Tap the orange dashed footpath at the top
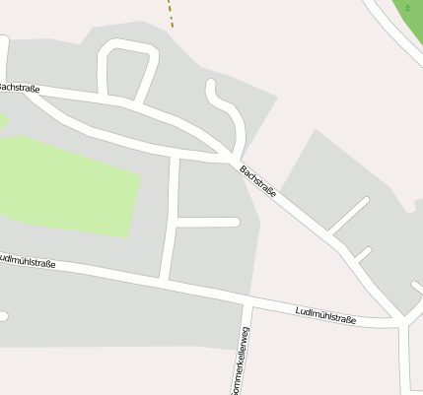pyautogui.click(x=170, y=14)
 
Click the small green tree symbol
pyautogui.click(x=407, y=8)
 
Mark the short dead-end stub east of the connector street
pyautogui.click(x=207, y=222)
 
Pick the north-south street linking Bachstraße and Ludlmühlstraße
pyautogui.click(x=173, y=217)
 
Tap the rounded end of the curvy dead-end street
pyautogui.click(x=211, y=86)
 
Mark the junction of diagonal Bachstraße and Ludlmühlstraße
pyautogui.click(x=399, y=320)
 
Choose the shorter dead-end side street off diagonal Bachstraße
pyautogui.click(x=361, y=254)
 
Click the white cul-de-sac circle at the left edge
pyautogui.click(x=3, y=316)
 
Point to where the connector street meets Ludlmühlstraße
pyautogui.click(x=167, y=281)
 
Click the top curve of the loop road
pyautogui.click(x=127, y=44)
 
